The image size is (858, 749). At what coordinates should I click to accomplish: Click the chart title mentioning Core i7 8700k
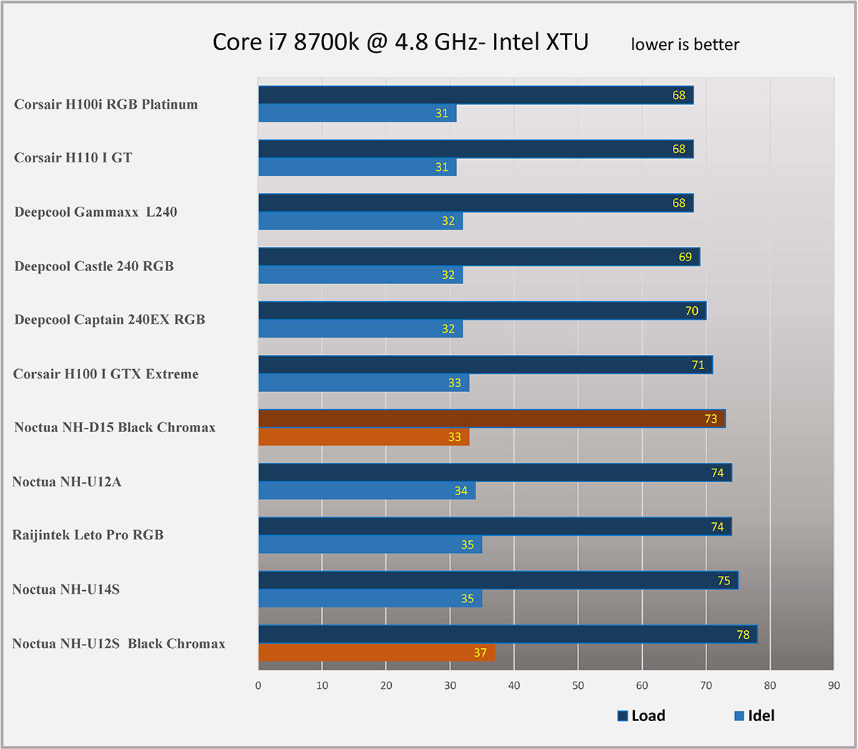point(400,42)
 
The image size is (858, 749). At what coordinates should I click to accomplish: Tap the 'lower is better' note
point(684,44)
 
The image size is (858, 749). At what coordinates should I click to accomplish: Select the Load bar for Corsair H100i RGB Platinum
point(475,95)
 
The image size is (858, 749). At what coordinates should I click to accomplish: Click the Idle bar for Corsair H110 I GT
point(357,167)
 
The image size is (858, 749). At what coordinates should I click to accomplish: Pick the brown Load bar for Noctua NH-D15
point(491,418)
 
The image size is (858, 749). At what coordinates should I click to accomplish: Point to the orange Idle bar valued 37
point(376,652)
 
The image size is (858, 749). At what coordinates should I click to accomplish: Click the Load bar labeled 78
point(507,634)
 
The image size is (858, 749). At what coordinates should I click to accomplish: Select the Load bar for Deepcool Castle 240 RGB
point(478,257)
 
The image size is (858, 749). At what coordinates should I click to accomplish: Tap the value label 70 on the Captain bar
point(691,311)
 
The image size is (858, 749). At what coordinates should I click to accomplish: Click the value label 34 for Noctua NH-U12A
point(460,491)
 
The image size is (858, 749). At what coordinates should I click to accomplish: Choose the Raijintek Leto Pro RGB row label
point(88,535)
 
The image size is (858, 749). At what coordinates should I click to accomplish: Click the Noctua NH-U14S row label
point(66,589)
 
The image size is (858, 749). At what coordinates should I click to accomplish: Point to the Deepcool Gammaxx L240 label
point(96,212)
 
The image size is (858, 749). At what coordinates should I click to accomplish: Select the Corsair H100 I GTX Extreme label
point(106,373)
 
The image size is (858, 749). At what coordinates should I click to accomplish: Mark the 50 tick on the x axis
point(578,685)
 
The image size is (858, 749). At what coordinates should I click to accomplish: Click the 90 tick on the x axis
point(834,685)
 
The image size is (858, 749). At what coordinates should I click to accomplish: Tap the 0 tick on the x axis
point(258,685)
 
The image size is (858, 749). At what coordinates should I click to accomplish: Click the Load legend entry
point(641,715)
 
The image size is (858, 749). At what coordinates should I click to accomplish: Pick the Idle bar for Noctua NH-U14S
point(370,599)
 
